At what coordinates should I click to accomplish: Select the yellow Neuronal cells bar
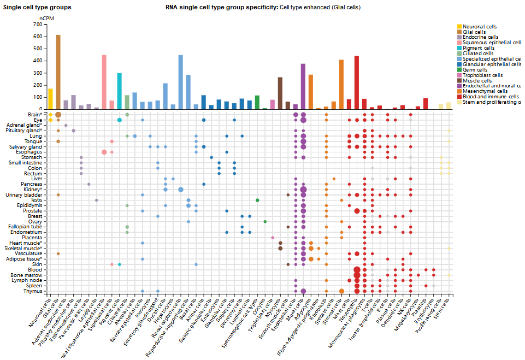tap(50, 99)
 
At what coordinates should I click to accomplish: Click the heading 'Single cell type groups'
tap(37, 7)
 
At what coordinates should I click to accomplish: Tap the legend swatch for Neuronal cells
tap(459, 26)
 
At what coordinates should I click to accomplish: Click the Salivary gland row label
tap(26, 146)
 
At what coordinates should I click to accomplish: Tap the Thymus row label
tap(33, 291)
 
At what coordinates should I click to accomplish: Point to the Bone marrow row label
tap(27, 275)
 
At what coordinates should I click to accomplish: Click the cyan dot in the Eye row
tap(119, 120)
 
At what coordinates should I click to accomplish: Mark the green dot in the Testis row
tap(257, 200)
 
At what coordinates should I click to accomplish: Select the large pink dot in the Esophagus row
tap(104, 152)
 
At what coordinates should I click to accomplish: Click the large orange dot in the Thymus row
tap(341, 291)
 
